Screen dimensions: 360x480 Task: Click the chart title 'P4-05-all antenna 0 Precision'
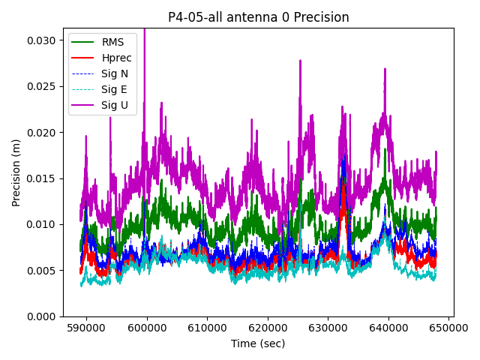pyautogui.click(x=258, y=17)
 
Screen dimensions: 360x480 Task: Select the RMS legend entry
pyautogui.click(x=113, y=42)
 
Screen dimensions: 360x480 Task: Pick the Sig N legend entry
pyautogui.click(x=115, y=73)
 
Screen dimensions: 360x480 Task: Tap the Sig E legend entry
pyautogui.click(x=114, y=89)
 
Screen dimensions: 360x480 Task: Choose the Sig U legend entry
pyautogui.click(x=115, y=105)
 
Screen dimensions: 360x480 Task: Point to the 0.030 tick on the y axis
pyautogui.click(x=42, y=40)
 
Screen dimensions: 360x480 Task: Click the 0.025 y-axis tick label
pyautogui.click(x=42, y=86)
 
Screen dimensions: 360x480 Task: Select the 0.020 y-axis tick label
pyautogui.click(x=42, y=133)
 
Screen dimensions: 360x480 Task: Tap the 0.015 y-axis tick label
pyautogui.click(x=42, y=178)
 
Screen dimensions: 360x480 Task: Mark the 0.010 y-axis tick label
pyautogui.click(x=42, y=224)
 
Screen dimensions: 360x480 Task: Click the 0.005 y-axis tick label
pyautogui.click(x=42, y=271)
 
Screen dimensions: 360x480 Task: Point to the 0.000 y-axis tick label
pyautogui.click(x=42, y=316)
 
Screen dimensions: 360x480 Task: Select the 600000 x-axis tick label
pyautogui.click(x=147, y=328)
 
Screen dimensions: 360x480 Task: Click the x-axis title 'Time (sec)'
pyautogui.click(x=258, y=343)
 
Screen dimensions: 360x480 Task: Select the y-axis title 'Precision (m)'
pyautogui.click(x=16, y=172)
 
